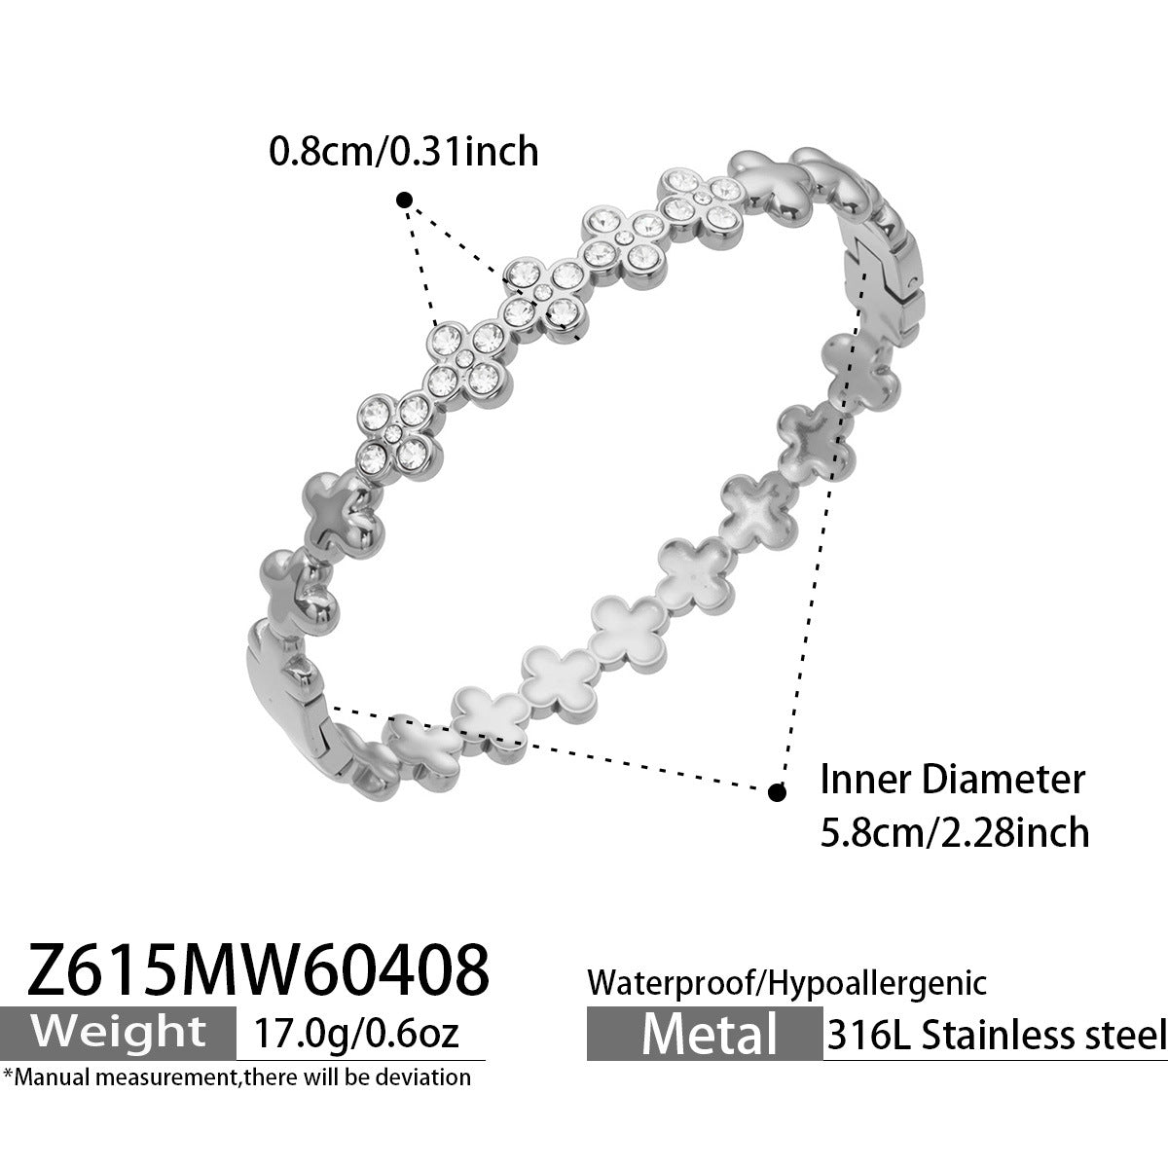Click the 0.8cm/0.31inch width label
404,151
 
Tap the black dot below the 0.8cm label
404,201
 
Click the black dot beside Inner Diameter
777,791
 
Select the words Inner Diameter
952,780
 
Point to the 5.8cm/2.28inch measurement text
955,832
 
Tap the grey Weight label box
118,1033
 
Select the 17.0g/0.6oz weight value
356,1033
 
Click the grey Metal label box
705,1034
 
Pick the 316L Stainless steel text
996,1036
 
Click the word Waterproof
669,982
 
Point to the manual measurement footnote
237,1077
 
